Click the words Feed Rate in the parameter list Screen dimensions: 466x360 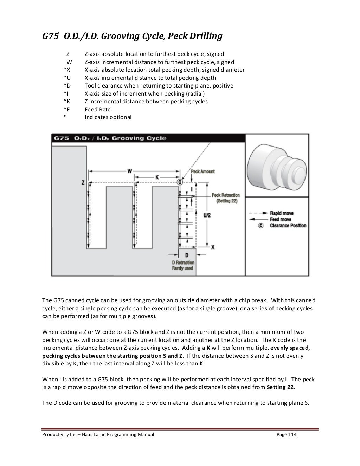coord(97,109)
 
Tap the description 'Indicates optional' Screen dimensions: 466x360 coord(108,117)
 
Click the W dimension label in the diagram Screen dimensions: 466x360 coord(130,171)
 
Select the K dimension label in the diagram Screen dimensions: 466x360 coord(157,177)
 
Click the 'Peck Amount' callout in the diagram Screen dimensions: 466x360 coord(203,171)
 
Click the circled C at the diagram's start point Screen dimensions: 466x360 coord(180,182)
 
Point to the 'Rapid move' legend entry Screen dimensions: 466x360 coord(282,213)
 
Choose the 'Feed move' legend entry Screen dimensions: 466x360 coord(281,219)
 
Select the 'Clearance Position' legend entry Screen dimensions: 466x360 coord(288,226)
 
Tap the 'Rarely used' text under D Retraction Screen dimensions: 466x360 coord(182,268)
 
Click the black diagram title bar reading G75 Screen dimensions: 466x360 coord(148,138)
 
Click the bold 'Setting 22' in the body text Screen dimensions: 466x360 coord(281,388)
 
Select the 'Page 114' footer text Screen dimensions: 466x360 coord(287,435)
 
